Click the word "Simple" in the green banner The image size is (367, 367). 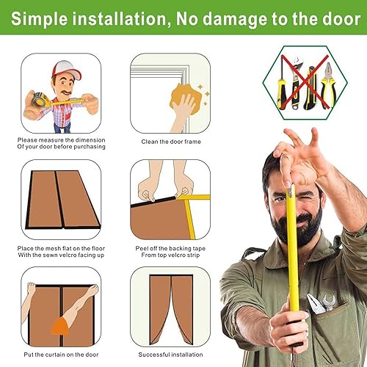point(39,19)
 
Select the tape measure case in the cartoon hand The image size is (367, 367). point(40,99)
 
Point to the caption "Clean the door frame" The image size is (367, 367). point(171,142)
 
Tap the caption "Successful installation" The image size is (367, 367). point(170,355)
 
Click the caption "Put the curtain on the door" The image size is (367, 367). point(61,355)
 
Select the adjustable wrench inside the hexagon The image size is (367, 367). point(297,82)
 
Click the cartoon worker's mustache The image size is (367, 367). point(66,92)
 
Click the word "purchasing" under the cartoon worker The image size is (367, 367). point(90,147)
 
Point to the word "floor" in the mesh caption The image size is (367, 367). point(98,248)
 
